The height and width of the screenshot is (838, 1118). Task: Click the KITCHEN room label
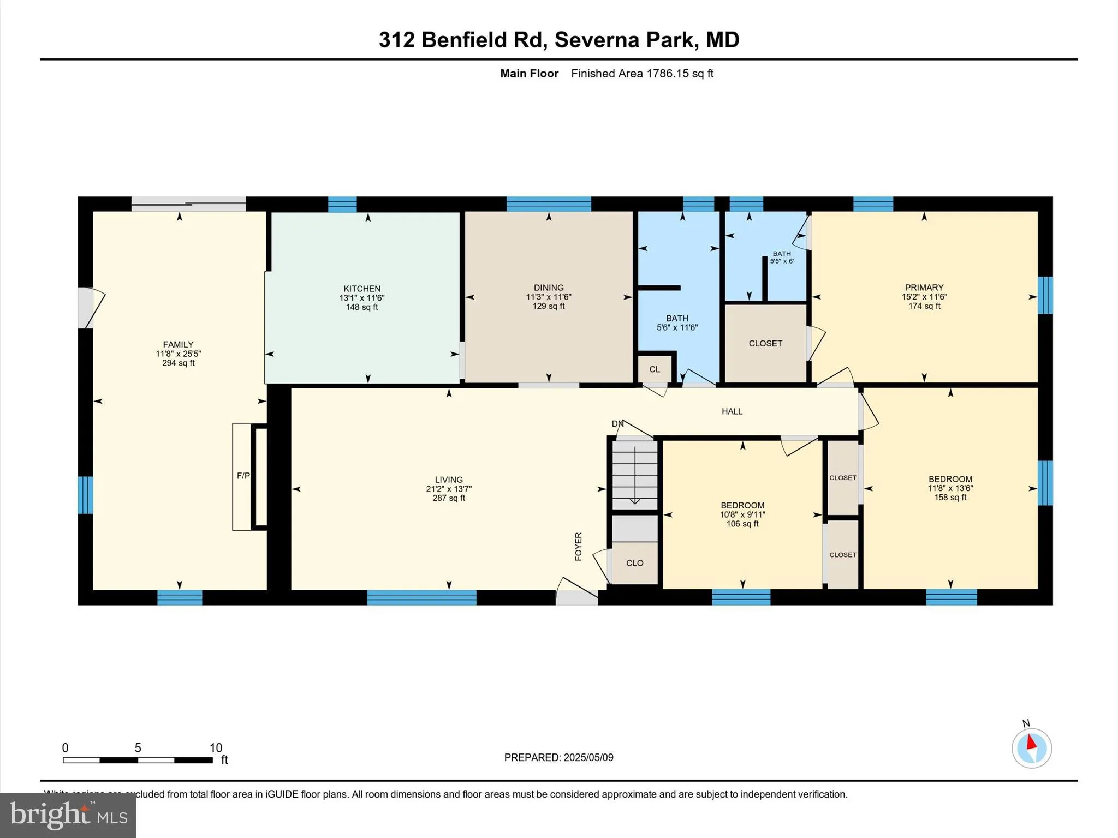362,289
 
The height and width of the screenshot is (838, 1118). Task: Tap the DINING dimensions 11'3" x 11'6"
549,297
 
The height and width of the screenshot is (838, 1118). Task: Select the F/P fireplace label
243,476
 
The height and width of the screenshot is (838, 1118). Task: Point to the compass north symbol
1031,748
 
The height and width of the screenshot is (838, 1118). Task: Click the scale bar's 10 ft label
216,748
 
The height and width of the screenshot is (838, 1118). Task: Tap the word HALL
732,411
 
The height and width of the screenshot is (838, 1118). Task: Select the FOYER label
579,546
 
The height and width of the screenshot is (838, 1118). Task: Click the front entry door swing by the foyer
576,591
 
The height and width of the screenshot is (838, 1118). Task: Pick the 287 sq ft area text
449,498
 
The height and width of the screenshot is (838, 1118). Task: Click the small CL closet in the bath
655,369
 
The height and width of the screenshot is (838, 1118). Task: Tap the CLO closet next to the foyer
634,563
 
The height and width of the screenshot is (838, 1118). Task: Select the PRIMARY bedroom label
924,288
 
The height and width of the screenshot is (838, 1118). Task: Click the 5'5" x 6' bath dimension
782,261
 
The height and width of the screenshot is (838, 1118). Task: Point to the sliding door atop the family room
188,205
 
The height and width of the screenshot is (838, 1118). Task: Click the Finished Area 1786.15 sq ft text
642,74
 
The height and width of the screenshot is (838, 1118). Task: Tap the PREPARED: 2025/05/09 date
558,757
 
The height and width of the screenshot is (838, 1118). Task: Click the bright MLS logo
68,815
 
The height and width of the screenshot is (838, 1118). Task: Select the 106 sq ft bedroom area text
742,524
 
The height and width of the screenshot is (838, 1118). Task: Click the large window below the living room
421,598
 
